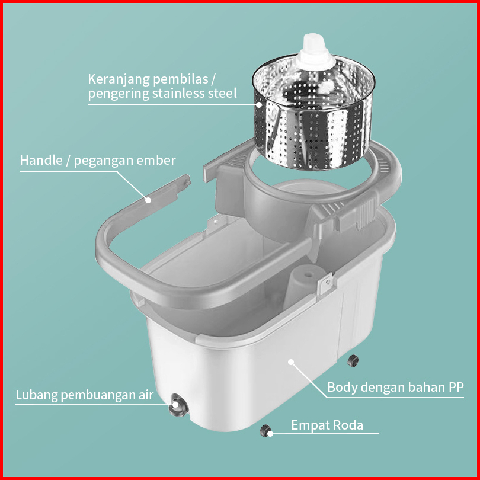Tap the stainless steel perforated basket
(x=313, y=113)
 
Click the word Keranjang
(x=119, y=80)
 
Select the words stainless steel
(x=194, y=93)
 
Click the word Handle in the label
(x=41, y=160)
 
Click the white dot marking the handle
(x=148, y=200)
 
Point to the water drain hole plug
(x=178, y=405)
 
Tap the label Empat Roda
(x=327, y=425)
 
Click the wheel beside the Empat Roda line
(x=265, y=431)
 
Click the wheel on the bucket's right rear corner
(x=353, y=361)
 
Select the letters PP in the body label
(x=456, y=387)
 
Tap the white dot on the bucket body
(x=291, y=362)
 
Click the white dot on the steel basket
(x=260, y=105)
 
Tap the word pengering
(x=119, y=94)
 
